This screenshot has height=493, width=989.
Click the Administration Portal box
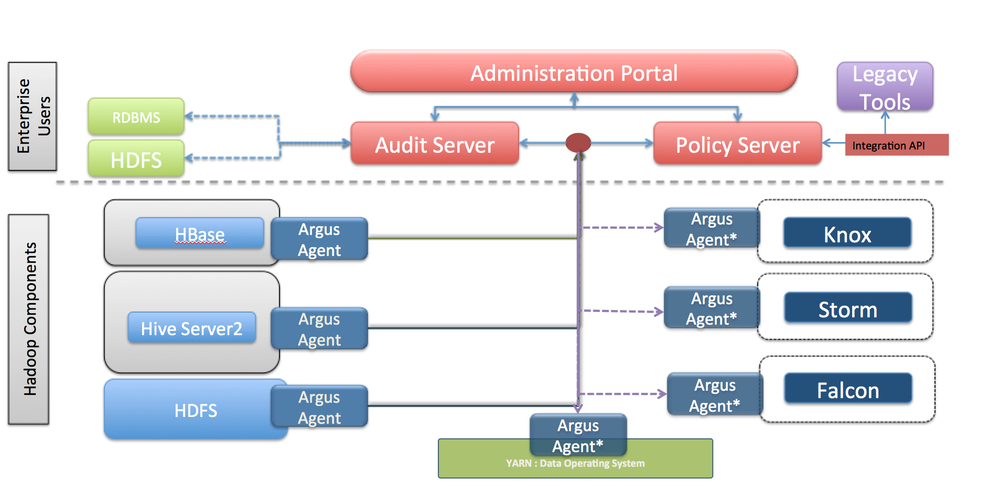574,72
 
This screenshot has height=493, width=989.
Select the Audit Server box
434,144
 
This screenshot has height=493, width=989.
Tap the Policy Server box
737,144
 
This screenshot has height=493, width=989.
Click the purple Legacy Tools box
885,87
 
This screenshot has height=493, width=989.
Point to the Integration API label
896,145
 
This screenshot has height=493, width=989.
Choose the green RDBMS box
136,117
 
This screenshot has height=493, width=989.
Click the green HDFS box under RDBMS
136,159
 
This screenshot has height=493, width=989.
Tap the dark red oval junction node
578,142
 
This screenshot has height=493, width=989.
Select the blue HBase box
199,233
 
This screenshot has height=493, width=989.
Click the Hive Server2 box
191,328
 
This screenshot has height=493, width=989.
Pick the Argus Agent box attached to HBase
319,239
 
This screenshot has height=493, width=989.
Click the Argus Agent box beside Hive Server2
319,329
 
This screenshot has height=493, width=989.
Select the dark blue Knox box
847,233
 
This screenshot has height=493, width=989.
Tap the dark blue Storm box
847,308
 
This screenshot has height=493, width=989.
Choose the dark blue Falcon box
847,389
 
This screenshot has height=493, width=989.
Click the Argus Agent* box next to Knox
711,228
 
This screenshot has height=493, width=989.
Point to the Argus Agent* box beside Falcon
714,394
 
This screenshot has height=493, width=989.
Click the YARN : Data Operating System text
575,464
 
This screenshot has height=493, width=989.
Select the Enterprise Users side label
33,116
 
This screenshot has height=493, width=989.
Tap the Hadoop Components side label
29,319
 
